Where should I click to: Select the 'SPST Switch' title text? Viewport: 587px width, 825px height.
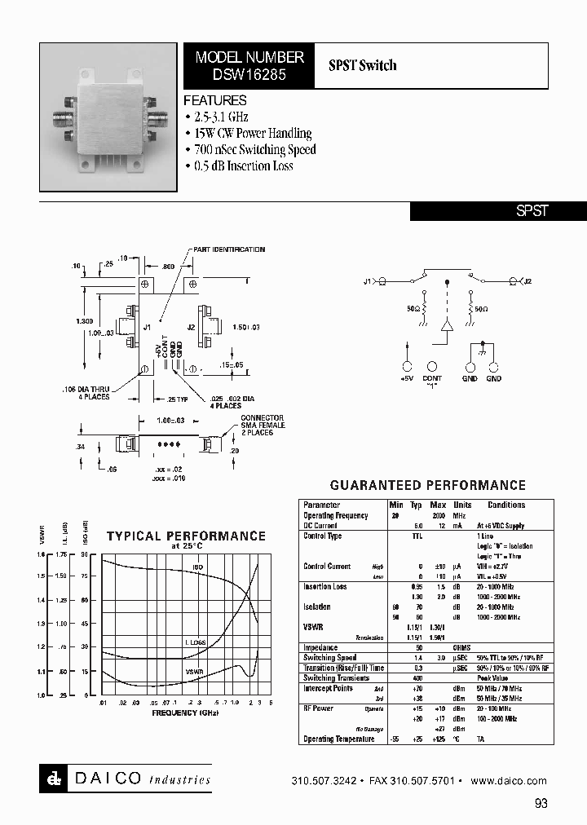click(363, 65)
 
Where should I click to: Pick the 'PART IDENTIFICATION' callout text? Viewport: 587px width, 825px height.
click(228, 249)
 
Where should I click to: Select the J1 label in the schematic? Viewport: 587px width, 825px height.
click(369, 281)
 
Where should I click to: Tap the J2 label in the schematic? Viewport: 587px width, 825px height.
click(527, 281)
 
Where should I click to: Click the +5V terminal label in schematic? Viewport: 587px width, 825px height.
click(407, 378)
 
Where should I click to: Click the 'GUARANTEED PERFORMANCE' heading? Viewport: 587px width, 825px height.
click(427, 485)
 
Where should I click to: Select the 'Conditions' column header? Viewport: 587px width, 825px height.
click(505, 505)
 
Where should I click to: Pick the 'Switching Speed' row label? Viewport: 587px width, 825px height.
click(330, 658)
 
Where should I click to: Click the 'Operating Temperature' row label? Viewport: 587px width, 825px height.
click(339, 739)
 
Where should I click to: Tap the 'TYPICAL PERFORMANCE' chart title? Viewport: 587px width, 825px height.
click(186, 536)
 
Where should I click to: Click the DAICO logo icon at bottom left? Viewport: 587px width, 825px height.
click(51, 779)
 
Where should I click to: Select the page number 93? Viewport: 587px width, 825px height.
click(541, 804)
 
